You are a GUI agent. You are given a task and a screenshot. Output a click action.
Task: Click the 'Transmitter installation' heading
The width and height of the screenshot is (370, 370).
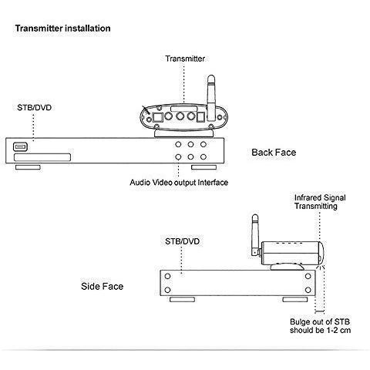(x=63, y=29)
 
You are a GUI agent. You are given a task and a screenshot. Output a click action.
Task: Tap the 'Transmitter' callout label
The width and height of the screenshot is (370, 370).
(x=185, y=59)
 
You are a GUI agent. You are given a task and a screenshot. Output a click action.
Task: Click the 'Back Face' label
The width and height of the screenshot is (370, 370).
(x=274, y=153)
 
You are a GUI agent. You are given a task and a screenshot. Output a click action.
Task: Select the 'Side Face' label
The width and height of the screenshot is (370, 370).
(x=103, y=286)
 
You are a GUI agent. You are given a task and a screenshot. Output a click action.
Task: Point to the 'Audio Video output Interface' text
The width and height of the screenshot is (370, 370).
(x=179, y=183)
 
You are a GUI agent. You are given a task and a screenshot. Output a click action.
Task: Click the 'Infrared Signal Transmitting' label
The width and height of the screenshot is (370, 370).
(x=320, y=202)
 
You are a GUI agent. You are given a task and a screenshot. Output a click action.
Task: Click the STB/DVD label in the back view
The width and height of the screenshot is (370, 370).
(x=35, y=107)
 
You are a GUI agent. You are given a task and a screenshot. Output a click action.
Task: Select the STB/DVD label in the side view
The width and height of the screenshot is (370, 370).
(x=183, y=241)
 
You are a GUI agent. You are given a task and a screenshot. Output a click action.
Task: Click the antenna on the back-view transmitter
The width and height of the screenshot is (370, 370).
(x=211, y=98)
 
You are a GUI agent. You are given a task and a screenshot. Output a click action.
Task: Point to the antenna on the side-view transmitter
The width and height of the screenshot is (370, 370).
(x=255, y=234)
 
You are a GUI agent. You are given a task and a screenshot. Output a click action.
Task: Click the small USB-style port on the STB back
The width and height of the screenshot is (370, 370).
(x=20, y=147)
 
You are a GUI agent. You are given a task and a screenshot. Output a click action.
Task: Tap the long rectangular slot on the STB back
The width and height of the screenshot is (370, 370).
(x=42, y=157)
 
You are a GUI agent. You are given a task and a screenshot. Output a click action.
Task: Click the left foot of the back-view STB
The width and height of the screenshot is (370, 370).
(x=28, y=167)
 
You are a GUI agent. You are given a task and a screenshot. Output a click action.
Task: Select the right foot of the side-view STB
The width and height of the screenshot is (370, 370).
(x=295, y=299)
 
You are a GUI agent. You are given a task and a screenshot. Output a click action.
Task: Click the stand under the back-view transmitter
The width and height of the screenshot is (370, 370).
(x=183, y=133)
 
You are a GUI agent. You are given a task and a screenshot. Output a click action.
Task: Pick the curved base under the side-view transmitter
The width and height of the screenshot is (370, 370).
(x=288, y=267)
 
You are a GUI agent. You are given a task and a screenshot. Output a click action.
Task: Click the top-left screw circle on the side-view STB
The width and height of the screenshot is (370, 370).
(x=167, y=277)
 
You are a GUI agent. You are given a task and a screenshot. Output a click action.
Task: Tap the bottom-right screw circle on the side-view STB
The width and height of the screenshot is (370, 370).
(x=308, y=290)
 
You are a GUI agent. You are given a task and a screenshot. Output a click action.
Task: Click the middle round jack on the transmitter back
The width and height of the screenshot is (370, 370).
(x=180, y=116)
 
